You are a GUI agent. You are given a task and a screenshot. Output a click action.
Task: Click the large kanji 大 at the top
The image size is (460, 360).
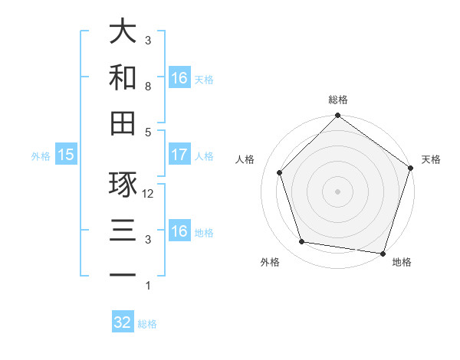tap(123, 32)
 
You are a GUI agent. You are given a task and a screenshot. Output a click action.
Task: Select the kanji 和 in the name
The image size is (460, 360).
tap(123, 77)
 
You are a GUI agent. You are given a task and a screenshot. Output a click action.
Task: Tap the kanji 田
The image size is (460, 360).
tap(123, 123)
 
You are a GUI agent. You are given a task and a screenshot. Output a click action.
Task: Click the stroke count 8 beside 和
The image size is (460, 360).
tap(148, 87)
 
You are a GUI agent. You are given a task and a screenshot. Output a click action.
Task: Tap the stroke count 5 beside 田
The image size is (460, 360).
tap(148, 132)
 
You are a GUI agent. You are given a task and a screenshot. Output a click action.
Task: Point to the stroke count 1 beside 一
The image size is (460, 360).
tap(148, 285)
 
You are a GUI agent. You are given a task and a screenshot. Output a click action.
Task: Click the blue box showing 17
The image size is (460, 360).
tap(179, 155)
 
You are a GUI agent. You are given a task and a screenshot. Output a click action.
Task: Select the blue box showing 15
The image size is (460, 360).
tap(66, 155)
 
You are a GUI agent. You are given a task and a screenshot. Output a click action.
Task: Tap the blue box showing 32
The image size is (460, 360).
tap(123, 322)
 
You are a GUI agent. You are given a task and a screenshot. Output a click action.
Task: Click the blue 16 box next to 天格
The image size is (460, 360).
tap(179, 78)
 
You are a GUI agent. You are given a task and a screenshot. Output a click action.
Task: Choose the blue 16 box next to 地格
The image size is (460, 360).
tap(179, 231)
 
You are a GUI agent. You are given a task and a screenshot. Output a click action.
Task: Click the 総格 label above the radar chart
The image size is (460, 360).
tap(338, 100)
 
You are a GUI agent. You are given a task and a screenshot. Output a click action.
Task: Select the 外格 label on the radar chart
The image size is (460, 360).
tap(270, 262)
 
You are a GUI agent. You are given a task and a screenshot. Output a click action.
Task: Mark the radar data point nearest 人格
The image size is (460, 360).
tap(280, 172)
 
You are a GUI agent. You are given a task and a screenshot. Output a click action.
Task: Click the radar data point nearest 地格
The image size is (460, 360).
tap(383, 253)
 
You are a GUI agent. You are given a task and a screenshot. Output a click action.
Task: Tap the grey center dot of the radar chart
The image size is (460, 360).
tap(338, 191)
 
